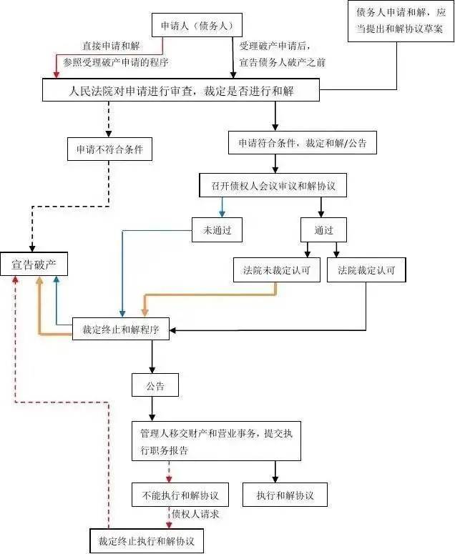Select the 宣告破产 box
coord(34,265)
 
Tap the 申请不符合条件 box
coord(109,150)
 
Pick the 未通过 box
coord(217,230)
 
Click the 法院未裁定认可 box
coord(277,270)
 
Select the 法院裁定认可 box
coord(366,270)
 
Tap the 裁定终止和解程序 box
coord(121,330)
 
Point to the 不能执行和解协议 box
coord(180,495)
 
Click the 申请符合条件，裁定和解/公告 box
coord(302,143)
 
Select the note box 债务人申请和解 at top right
coord(400,20)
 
